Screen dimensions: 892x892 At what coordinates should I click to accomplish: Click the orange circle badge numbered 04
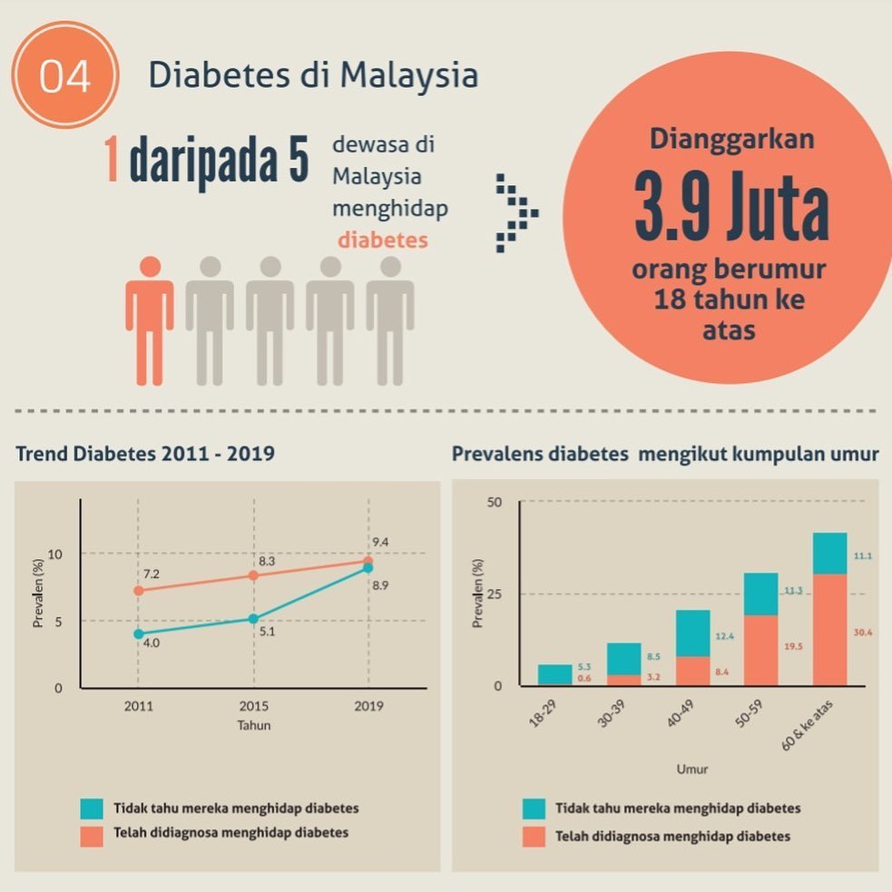click(x=64, y=74)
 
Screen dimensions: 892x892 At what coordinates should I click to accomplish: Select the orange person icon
click(x=150, y=321)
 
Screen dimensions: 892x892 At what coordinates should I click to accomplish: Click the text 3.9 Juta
click(x=731, y=205)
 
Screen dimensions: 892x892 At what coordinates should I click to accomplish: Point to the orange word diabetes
click(x=383, y=240)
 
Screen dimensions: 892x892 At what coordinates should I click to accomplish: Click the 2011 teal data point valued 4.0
click(x=139, y=633)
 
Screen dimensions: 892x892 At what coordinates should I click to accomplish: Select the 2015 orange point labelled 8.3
click(x=254, y=575)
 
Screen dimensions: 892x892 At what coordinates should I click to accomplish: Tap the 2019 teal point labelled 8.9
click(x=368, y=568)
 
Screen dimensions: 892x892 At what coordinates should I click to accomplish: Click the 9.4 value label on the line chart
click(x=380, y=542)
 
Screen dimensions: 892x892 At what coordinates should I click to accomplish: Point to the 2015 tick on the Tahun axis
click(x=254, y=706)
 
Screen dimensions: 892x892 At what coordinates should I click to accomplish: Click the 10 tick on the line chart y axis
click(x=55, y=554)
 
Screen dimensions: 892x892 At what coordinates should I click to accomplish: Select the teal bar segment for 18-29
click(x=555, y=673)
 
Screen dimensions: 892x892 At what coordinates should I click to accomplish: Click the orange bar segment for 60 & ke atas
click(x=830, y=630)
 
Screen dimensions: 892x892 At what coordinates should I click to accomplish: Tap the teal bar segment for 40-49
click(x=693, y=633)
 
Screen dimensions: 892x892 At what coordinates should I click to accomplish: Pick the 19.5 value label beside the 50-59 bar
click(x=793, y=646)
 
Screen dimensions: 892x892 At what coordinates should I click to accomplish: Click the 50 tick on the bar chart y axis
click(x=495, y=503)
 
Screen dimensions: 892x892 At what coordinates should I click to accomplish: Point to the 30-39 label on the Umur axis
click(x=611, y=714)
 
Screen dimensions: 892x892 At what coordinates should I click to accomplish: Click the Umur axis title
click(x=692, y=769)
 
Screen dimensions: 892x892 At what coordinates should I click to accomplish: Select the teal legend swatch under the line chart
click(x=92, y=809)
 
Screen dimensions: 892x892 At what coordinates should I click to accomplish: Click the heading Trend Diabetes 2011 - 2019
click(x=145, y=454)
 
